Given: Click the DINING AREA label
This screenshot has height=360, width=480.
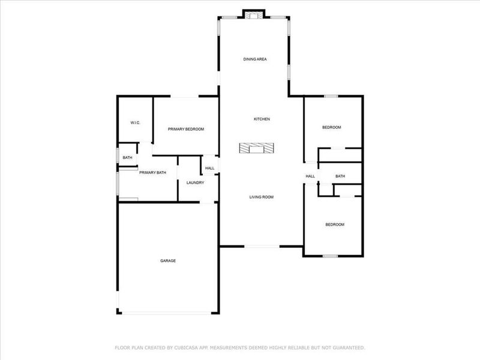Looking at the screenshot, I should pyautogui.click(x=255, y=59).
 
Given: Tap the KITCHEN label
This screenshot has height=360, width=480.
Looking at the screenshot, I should pyautogui.click(x=262, y=119).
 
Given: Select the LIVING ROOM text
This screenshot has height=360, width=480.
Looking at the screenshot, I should pyautogui.click(x=262, y=197).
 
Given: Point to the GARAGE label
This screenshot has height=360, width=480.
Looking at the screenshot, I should pyautogui.click(x=168, y=260).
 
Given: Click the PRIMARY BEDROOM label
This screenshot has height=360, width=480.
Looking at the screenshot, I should pyautogui.click(x=186, y=129).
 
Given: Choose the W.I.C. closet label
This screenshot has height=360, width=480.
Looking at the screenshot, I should pyautogui.click(x=135, y=123).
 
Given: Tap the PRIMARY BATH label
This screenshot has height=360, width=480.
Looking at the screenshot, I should pyautogui.click(x=152, y=173).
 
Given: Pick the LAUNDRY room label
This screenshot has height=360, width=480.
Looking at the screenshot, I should pyautogui.click(x=195, y=182).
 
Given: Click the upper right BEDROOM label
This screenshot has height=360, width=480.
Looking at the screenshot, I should pyautogui.click(x=332, y=127).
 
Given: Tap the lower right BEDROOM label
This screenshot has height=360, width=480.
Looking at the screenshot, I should pyautogui.click(x=335, y=224).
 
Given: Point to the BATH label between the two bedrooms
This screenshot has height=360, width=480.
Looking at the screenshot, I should pyautogui.click(x=340, y=176).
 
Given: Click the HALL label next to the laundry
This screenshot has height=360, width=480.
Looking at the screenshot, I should pyautogui.click(x=209, y=169).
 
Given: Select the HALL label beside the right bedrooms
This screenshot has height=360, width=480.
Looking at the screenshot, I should pyautogui.click(x=310, y=176).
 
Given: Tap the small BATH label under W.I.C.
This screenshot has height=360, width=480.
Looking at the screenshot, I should pyautogui.click(x=127, y=158).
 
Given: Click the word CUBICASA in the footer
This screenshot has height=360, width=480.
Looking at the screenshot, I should pyautogui.click(x=180, y=347).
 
